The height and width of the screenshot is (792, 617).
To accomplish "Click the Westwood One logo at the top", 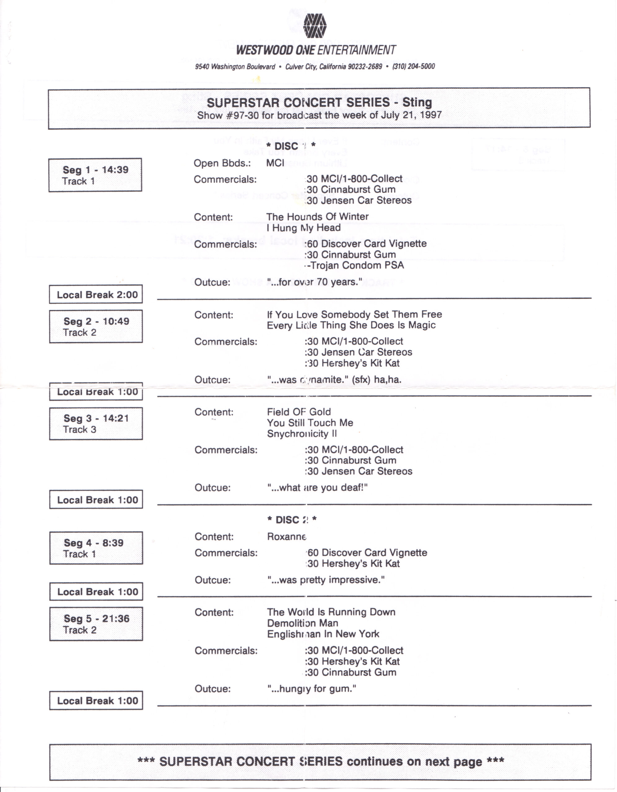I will tap(314, 26).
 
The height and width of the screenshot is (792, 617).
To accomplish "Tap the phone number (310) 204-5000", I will tap(413, 67).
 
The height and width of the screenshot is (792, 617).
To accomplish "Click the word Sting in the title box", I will tap(417, 102).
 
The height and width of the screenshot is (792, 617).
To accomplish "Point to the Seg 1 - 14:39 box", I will tap(95, 175).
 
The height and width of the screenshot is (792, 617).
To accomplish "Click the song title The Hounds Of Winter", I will tap(317, 217).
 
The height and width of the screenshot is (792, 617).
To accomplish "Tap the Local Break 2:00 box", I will tap(96, 295).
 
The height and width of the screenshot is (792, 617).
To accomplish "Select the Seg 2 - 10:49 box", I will tap(96, 326).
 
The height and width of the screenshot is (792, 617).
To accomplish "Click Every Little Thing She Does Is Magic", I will tap(351, 325).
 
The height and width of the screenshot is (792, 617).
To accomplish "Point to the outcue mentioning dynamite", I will tap(334, 380).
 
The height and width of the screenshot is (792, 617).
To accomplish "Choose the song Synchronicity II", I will tap(302, 434).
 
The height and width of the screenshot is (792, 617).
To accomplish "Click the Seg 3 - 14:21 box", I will tap(96, 424).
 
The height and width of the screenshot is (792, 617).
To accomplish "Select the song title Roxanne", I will tap(287, 537).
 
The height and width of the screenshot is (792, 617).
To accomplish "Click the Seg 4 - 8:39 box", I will tap(96, 548).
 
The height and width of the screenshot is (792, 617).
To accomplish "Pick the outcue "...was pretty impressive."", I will tap(326, 580).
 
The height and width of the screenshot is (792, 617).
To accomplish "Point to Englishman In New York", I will tap(323, 634).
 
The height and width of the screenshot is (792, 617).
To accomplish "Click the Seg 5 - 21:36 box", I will tap(96, 624).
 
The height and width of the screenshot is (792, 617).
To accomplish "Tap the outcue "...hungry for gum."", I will tap(311, 688).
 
